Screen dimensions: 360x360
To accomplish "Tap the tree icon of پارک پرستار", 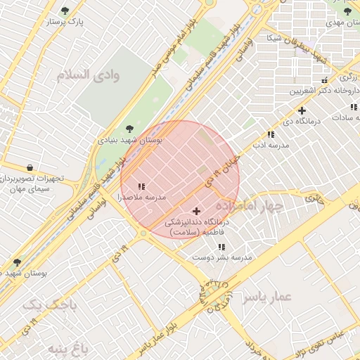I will click(65, 11).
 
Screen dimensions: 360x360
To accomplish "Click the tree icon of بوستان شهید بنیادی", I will click(128, 129).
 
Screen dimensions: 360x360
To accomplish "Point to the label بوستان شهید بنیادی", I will click(129, 141).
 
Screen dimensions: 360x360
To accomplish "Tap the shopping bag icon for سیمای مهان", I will click(29, 167).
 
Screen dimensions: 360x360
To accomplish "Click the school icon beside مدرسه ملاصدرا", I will click(141, 186).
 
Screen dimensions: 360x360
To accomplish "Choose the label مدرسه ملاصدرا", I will click(143, 198).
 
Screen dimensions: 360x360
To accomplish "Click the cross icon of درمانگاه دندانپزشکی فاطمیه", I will click(195, 210).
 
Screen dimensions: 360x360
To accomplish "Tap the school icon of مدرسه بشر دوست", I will click(221, 247).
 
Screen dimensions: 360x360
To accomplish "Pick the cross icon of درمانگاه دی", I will click(302, 110).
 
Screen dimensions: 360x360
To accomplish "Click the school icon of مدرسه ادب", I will click(271, 134).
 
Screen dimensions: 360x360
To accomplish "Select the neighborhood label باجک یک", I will click(48, 305).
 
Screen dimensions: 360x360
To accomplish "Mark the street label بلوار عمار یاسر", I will click(164, 333).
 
